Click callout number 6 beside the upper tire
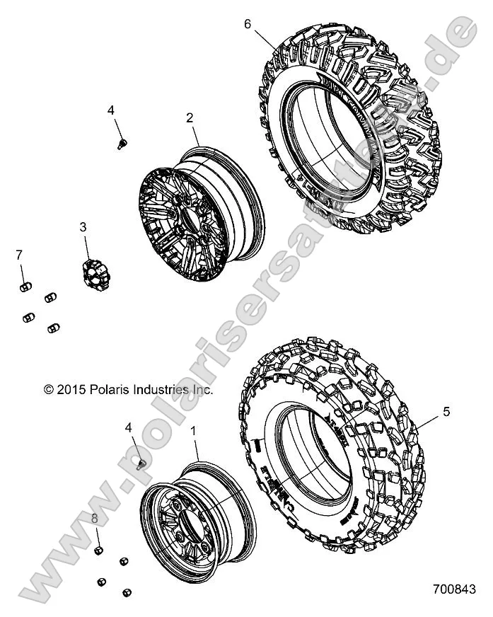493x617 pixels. pyautogui.click(x=248, y=23)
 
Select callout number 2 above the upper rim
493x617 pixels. pyautogui.click(x=190, y=118)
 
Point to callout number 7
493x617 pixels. pyautogui.click(x=20, y=254)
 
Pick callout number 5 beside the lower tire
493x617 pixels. pyautogui.click(x=446, y=411)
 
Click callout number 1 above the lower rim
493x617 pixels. pyautogui.click(x=195, y=429)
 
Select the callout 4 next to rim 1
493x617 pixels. pyautogui.click(x=128, y=427)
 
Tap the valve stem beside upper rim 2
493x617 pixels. pyautogui.click(x=122, y=144)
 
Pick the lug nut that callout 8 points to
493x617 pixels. pyautogui.click(x=100, y=551)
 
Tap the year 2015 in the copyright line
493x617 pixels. pyautogui.click(x=71, y=389)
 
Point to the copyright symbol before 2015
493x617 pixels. pyautogui.click(x=49, y=389)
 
